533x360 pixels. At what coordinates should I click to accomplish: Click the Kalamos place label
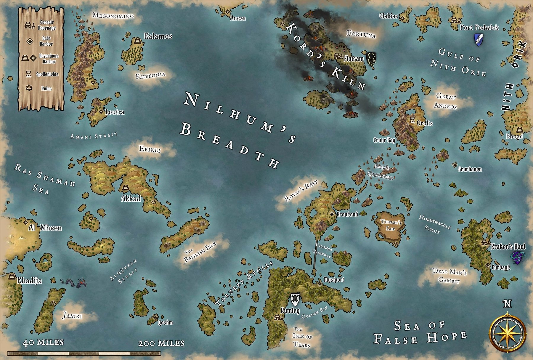(158, 36)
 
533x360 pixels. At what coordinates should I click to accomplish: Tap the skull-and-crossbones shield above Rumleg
(295, 299)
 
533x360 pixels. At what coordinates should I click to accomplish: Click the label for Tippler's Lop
(391, 225)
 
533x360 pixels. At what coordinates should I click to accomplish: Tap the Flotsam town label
(354, 59)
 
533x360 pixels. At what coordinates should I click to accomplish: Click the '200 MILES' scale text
(161, 343)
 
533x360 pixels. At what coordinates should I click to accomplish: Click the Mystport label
(334, 280)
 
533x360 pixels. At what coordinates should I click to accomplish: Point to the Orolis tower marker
(412, 120)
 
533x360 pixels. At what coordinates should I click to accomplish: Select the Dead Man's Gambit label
(449, 276)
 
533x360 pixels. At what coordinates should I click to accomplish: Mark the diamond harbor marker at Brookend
(332, 214)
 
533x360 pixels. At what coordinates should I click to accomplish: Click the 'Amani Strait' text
(94, 136)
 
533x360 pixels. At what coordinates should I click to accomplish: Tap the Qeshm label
(166, 322)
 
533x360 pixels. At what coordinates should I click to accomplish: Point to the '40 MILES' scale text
(43, 343)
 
